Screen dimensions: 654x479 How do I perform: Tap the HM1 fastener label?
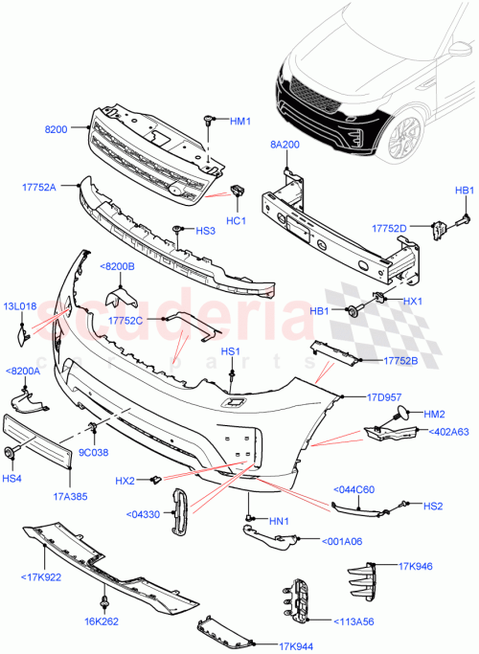[x=239, y=122]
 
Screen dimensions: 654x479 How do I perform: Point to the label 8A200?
[x=285, y=147]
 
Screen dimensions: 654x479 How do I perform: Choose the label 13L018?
[x=19, y=306]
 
